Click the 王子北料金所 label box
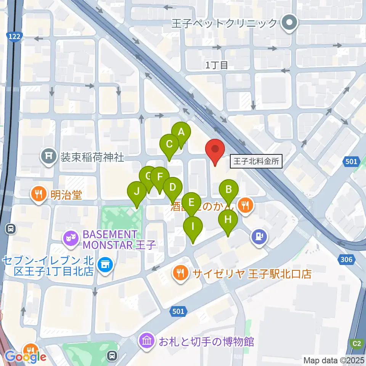[256, 161]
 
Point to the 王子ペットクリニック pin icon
[289, 24]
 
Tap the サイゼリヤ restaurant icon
[179, 273]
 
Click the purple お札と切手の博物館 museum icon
[147, 340]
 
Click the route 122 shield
[15, 36]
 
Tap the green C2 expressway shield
[356, 344]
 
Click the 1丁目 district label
[217, 65]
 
